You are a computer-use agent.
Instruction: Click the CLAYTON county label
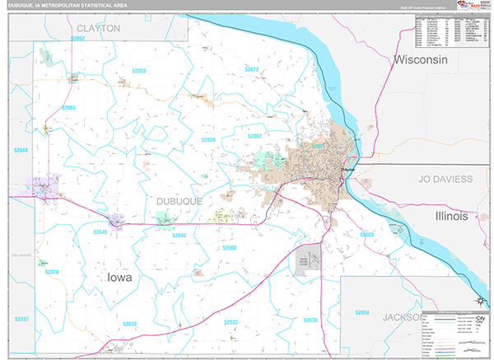99,28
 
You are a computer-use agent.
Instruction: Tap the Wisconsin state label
420,61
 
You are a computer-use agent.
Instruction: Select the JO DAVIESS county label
445,178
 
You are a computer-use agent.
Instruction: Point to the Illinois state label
451,216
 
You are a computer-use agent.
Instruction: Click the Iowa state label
119,278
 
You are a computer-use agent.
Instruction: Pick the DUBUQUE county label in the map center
173,200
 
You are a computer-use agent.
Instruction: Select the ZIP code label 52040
20,150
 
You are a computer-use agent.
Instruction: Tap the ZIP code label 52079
309,320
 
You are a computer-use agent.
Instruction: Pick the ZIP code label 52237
21,319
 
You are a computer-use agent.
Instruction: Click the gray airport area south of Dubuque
308,259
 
